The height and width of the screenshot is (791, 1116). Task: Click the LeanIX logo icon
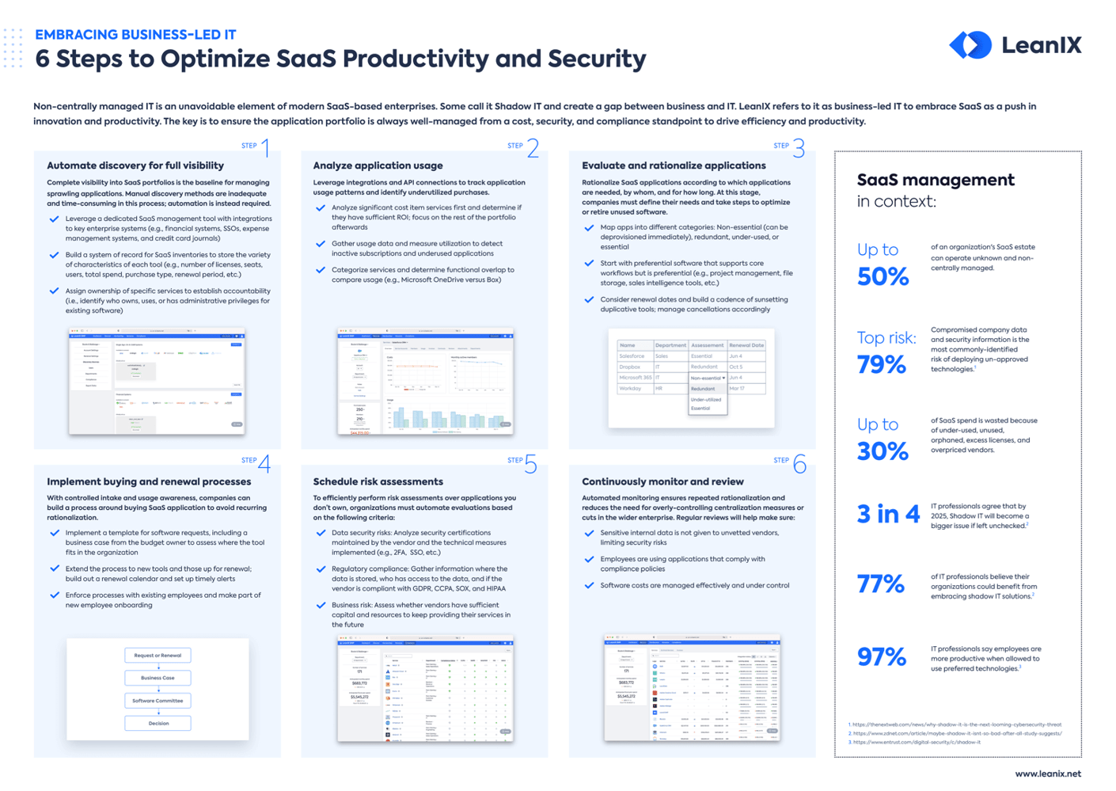[970, 45]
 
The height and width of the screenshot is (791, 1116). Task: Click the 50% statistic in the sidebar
[883, 276]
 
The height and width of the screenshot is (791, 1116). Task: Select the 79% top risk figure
[881, 364]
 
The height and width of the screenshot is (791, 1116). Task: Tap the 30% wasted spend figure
[883, 451]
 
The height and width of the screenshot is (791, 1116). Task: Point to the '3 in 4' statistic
[888, 515]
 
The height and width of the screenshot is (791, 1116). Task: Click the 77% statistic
[880, 584]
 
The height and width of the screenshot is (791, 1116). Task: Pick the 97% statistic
[881, 656]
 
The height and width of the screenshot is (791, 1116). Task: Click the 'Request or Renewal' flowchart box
[158, 656]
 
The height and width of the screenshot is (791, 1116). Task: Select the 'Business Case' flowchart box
[158, 678]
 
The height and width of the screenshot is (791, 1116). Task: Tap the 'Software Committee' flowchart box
[158, 701]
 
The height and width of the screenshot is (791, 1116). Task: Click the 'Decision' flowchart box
[158, 723]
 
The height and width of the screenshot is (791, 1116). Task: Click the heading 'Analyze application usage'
[378, 165]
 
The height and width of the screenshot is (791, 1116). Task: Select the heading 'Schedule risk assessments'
[378, 481]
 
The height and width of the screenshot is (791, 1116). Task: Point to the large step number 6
[799, 464]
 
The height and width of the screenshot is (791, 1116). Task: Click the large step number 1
[265, 148]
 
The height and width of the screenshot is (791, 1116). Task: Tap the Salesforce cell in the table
[632, 356]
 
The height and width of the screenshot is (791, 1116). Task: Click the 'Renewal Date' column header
[746, 345]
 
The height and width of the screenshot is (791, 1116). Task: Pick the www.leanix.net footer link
[1047, 774]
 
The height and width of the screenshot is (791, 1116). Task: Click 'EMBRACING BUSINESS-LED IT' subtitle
[135, 35]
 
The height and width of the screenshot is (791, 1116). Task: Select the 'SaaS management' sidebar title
[936, 180]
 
